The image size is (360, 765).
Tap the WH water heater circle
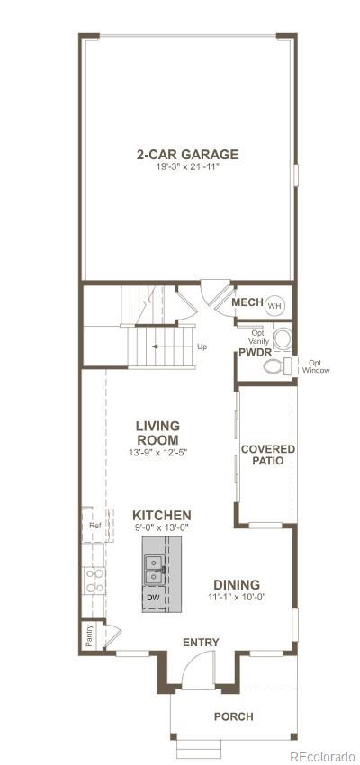(274, 304)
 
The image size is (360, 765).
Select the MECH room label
(247, 302)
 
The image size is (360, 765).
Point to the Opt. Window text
(316, 366)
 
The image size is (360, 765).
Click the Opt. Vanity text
(257, 333)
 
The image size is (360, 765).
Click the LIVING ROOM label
(157, 432)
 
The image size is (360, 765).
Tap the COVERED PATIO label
(268, 454)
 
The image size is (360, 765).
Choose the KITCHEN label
(162, 516)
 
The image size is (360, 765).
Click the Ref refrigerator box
(94, 525)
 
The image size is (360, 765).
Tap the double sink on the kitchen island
(155, 567)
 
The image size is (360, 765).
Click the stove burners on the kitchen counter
(94, 580)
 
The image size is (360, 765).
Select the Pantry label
(88, 634)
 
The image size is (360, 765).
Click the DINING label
(237, 584)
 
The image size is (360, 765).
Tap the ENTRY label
(201, 642)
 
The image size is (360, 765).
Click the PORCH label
(232, 716)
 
